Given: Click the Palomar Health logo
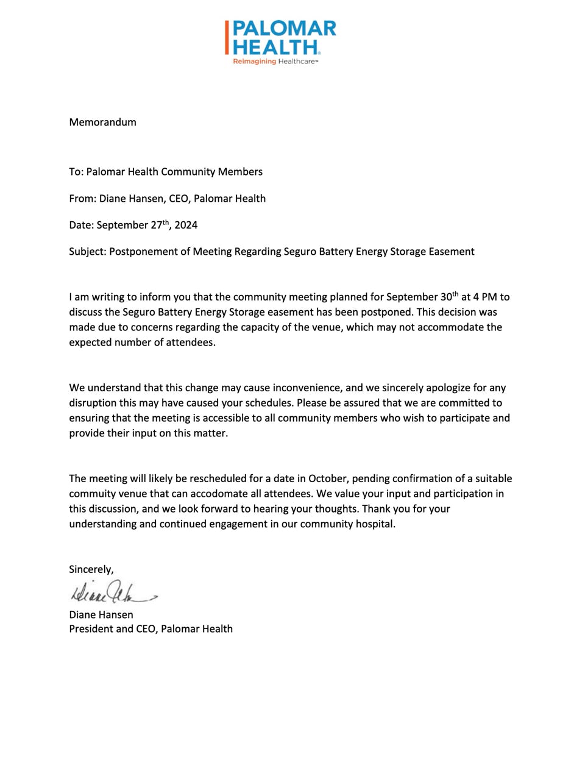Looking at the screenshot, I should (280, 38).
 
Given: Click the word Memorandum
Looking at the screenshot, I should (102, 122).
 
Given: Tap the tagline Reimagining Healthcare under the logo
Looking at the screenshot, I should (275, 62).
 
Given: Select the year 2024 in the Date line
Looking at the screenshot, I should (186, 225).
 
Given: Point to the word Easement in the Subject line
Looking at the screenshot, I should (451, 251).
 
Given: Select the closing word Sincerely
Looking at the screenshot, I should (91, 569).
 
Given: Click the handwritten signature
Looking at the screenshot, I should (113, 592).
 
